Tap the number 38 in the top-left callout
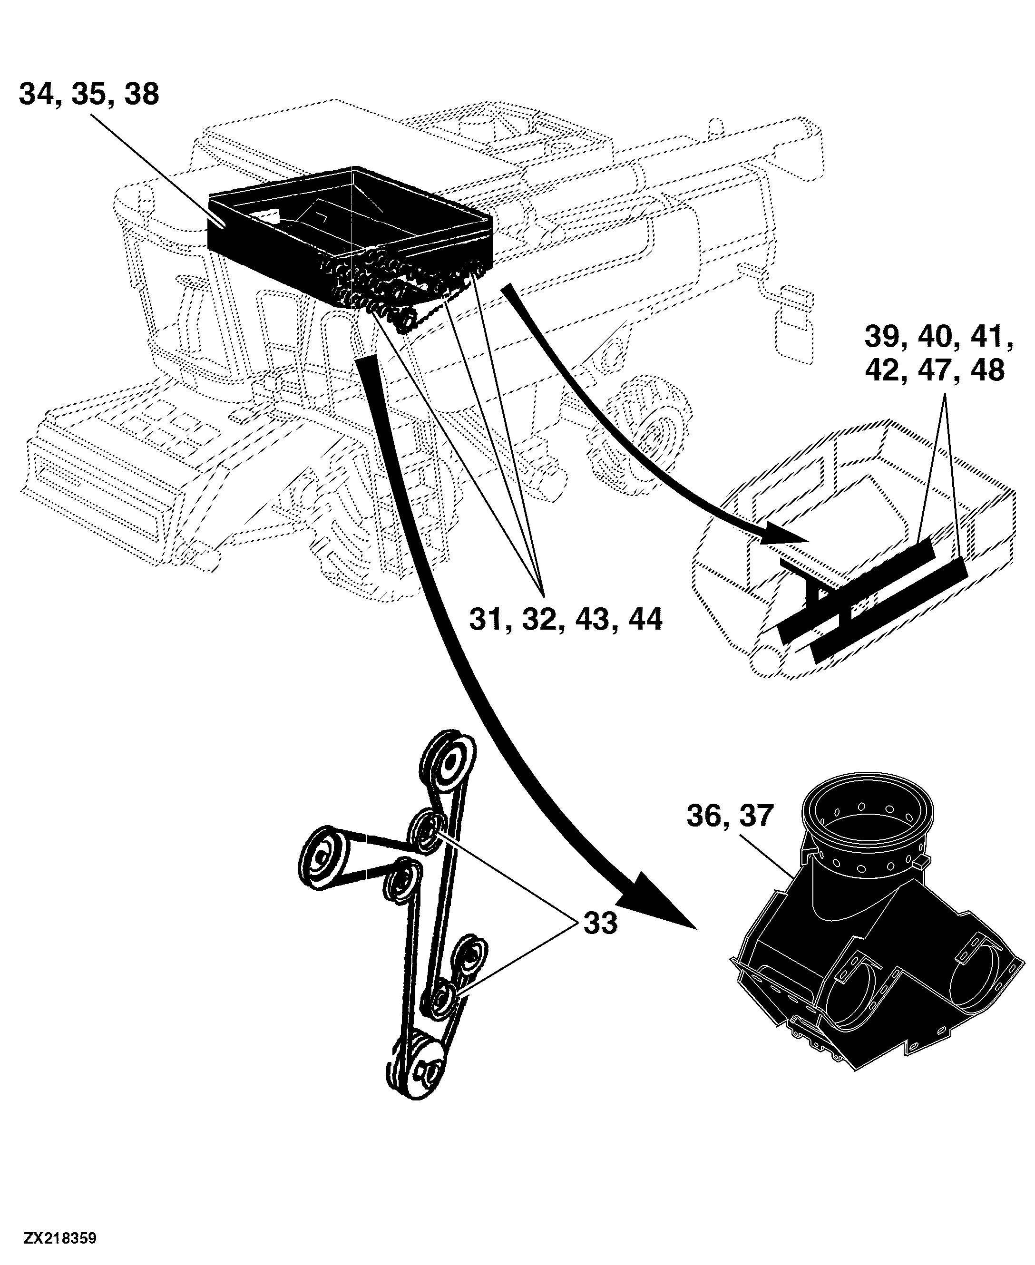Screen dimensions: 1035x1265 click(x=142, y=94)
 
